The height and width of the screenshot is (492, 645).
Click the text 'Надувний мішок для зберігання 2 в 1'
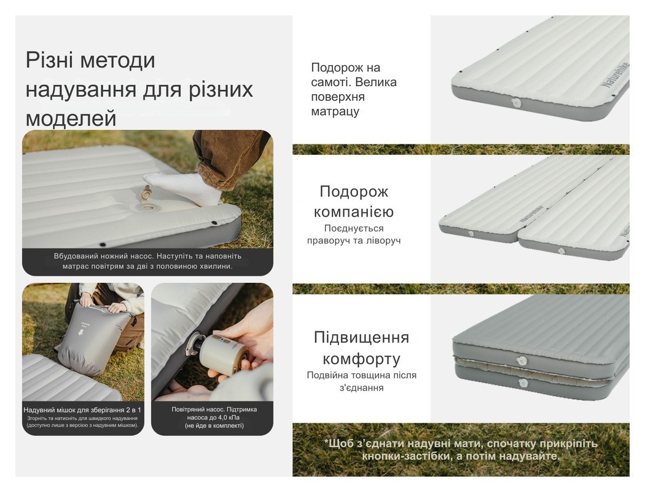pyautogui.click(x=82, y=410)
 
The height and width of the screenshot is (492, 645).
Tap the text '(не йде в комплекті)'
pyautogui.click(x=214, y=426)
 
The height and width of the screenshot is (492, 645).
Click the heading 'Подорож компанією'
pyautogui.click(x=353, y=202)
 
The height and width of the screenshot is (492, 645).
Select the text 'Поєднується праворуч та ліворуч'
pyautogui.click(x=353, y=234)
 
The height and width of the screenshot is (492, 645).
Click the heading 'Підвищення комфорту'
pyautogui.click(x=361, y=347)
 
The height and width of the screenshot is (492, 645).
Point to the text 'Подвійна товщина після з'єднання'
pyautogui.click(x=361, y=381)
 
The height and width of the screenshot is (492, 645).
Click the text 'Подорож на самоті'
pyautogui.click(x=346, y=74)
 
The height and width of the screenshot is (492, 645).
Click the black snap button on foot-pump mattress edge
pyautogui.click(x=214, y=224)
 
